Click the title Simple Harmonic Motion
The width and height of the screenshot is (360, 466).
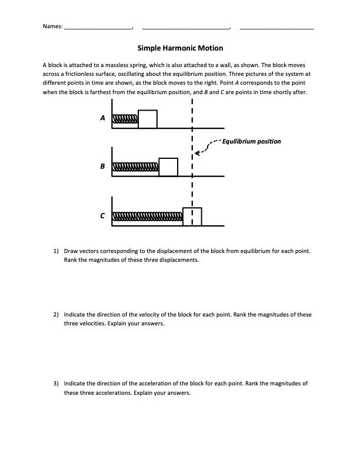180,48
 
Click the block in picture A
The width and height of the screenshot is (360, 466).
148,119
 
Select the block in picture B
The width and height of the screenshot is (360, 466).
168,167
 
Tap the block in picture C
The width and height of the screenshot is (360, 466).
192,217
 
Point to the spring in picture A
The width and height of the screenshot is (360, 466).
125,120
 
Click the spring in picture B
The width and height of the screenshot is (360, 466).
136,168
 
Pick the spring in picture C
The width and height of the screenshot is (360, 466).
148,217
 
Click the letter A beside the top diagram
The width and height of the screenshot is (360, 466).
102,118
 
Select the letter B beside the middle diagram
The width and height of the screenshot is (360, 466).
102,167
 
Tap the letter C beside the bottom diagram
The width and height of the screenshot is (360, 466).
102,216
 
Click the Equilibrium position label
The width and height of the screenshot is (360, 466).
251,141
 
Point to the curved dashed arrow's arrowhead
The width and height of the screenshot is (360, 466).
196,153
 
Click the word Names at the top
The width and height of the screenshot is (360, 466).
52,26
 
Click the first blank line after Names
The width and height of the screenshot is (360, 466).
98,28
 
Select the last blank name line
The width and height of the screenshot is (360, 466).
276,28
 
